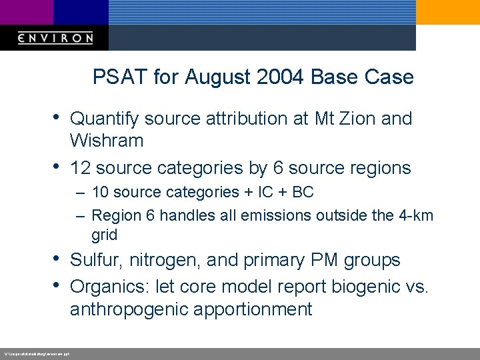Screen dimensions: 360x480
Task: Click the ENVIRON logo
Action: point(55,38)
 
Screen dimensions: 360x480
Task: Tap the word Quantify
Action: point(104,119)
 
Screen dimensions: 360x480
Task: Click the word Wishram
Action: point(107,141)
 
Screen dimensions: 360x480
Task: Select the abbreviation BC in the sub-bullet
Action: point(303,193)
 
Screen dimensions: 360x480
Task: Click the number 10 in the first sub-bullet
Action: point(101,193)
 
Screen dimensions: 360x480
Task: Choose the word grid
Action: point(105,235)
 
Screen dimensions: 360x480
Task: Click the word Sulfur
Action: point(95,260)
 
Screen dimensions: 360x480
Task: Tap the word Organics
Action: point(109,287)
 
